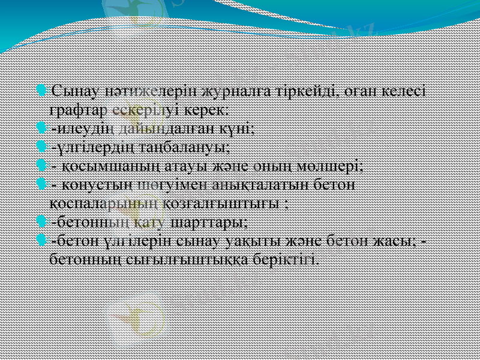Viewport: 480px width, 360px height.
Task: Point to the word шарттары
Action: (x=209, y=221)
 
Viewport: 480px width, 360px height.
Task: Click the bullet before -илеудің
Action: (x=41, y=128)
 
